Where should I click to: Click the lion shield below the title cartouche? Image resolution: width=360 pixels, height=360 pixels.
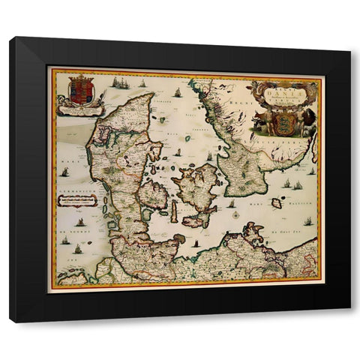coord(286,121)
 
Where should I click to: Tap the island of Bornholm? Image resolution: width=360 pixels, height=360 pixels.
coord(276,202)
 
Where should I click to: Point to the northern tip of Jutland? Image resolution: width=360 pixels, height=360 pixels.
coord(151,95)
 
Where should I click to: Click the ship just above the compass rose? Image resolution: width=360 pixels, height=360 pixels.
coord(232,202)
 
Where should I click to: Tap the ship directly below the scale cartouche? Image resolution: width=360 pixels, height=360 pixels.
coord(79,222)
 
